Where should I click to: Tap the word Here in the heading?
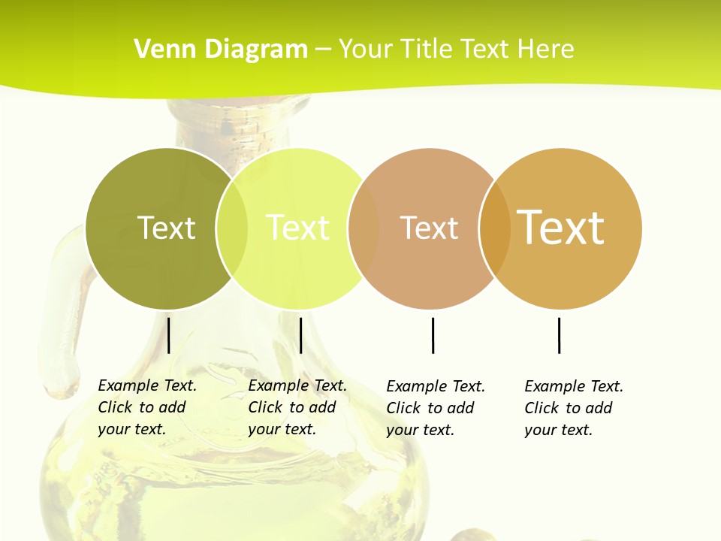(546, 50)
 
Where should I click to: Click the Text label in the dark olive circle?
(166, 228)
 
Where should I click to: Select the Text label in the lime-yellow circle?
(297, 228)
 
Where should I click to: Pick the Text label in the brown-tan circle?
(429, 228)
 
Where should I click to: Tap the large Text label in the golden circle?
(560, 227)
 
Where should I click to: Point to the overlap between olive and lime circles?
(232, 228)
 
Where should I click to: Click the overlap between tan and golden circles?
(495, 228)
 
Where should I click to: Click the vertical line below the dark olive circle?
(169, 335)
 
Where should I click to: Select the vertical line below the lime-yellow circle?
(300, 335)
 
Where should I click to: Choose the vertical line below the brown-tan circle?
(433, 335)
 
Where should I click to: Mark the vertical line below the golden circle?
(560, 335)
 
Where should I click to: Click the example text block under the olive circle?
(146, 407)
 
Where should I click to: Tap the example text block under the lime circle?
(297, 407)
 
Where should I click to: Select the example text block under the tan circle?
(435, 408)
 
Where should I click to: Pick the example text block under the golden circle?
(573, 408)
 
